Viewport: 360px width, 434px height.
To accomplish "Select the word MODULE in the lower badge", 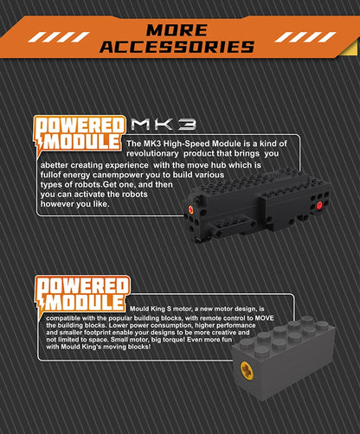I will click(x=84, y=302).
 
